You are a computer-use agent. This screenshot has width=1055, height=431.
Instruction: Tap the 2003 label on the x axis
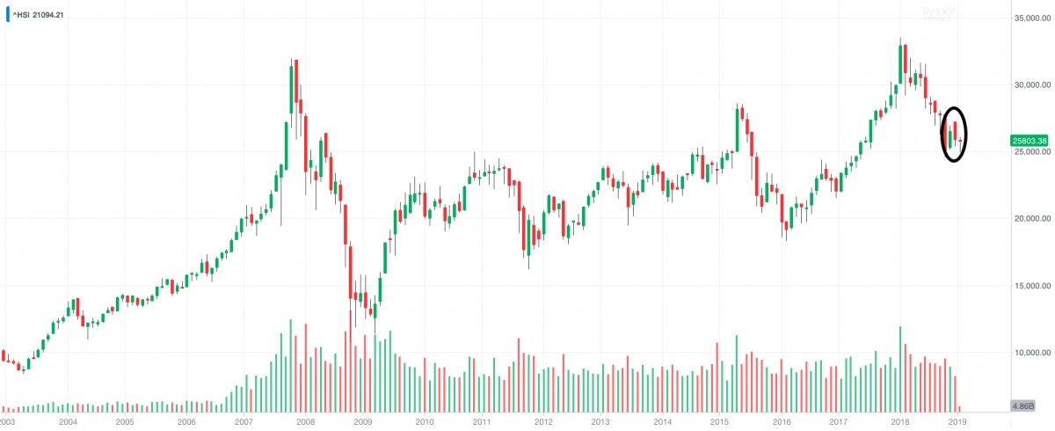coord(8,422)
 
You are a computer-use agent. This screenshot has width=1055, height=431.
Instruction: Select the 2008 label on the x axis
coord(305,422)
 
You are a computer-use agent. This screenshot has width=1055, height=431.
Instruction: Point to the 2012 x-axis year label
coord(542,422)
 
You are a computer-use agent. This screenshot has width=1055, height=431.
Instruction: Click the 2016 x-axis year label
coord(781,422)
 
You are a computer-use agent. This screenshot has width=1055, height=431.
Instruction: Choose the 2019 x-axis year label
coord(958,422)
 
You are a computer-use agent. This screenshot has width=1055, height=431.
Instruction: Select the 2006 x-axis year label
coord(186,422)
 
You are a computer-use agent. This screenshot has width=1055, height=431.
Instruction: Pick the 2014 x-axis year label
coord(662,422)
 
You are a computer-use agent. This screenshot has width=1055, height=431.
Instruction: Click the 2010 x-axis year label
coord(424,422)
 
